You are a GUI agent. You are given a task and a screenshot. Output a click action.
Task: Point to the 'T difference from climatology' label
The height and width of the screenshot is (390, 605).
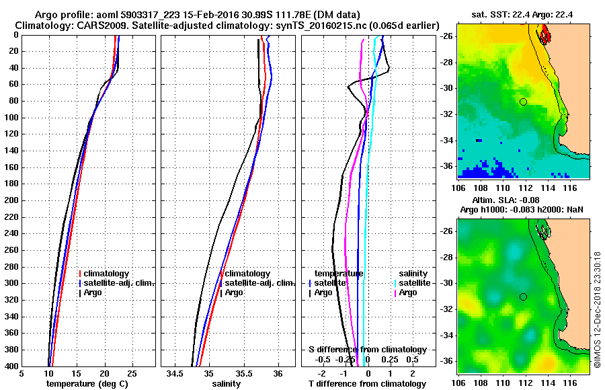367,383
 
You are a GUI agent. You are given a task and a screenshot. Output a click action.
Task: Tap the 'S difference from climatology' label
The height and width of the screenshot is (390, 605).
367,350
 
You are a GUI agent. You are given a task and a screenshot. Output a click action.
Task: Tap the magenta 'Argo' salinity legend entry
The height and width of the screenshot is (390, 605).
408,292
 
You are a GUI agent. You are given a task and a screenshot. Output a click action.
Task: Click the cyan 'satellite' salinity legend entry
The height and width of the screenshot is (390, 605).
415,283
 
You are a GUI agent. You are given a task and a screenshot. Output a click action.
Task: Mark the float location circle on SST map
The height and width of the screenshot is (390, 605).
523,102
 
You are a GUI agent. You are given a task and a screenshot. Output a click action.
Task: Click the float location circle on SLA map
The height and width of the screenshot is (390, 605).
523,297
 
